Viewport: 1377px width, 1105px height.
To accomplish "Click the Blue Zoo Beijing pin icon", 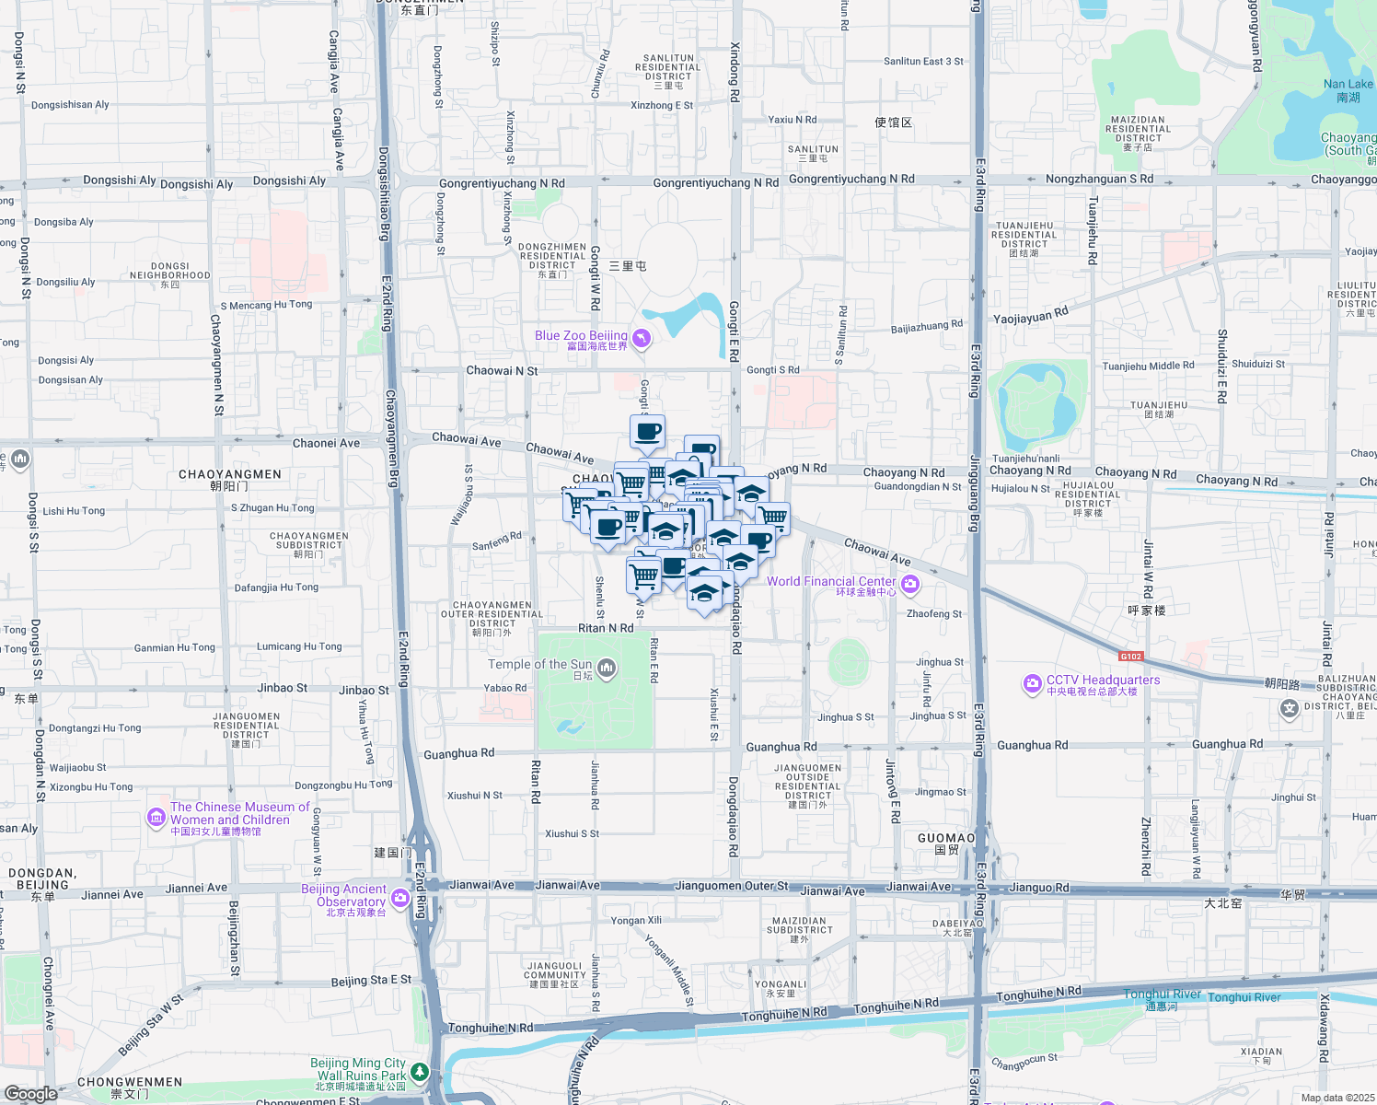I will point(642,339).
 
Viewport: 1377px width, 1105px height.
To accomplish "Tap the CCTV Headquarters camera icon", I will point(1032,684).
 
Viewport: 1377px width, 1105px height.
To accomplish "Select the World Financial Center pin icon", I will point(910,585).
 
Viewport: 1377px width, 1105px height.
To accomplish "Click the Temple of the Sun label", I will point(540,664).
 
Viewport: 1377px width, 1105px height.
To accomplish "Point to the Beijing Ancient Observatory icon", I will point(400,898).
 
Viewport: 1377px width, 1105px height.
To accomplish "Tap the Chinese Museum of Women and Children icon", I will point(156,818).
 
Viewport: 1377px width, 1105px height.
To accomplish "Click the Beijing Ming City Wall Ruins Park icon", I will point(420,1072).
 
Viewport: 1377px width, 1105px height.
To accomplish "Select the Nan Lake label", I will point(1348,85).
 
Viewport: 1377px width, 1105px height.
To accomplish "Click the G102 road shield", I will point(1130,657).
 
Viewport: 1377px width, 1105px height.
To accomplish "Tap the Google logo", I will point(31,1093).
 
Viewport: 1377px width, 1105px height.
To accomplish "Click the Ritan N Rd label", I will point(606,628).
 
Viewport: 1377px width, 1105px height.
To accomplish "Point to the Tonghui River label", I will point(1162,994).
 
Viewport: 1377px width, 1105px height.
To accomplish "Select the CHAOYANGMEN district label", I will point(230,475).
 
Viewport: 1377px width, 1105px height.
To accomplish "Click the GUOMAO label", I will point(945,839).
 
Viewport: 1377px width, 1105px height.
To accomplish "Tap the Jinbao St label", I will point(283,688).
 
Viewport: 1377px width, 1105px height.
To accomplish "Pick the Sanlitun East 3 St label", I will point(923,62).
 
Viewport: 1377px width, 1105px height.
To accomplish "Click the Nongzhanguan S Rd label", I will point(1099,179).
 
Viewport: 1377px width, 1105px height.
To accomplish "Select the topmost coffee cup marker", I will point(648,431).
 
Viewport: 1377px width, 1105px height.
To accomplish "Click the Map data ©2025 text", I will point(1337,1097).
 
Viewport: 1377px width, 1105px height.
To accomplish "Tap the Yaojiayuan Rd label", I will point(1031,316).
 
